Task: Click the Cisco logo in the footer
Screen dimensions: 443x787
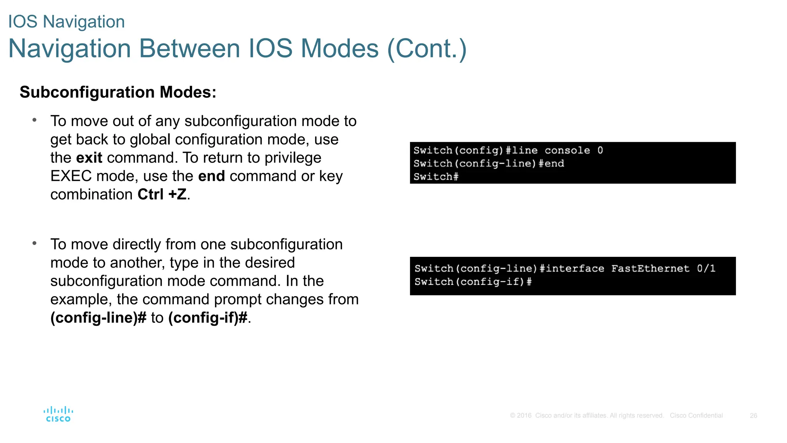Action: [x=58, y=414]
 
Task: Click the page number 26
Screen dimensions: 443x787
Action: [x=753, y=416]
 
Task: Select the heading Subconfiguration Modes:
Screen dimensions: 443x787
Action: [x=118, y=92]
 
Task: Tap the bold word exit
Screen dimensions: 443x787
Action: [x=89, y=158]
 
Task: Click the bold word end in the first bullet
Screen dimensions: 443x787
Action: [x=211, y=176]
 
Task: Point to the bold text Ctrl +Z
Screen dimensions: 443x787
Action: [x=162, y=195]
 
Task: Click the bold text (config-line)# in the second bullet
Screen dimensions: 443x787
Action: [x=98, y=318]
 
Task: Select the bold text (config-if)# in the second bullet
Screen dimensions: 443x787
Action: [x=208, y=318]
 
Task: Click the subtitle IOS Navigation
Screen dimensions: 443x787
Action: [x=66, y=22]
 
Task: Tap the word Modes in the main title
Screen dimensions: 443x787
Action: [x=340, y=49]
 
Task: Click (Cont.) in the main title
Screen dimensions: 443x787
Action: [x=427, y=49]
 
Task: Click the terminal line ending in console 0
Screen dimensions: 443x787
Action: [x=508, y=150]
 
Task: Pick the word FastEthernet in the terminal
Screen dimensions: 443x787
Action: [x=650, y=268]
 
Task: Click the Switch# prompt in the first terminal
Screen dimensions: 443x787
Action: [x=436, y=177]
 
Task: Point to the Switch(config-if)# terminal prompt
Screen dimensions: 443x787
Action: [x=473, y=282]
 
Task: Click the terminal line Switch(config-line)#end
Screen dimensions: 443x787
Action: [x=489, y=163]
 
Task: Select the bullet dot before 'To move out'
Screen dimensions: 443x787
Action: [x=35, y=120]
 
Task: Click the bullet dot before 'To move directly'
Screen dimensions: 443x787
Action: [x=35, y=243]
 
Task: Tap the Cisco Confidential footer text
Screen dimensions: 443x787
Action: [x=696, y=416]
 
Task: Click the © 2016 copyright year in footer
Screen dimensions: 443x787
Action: [x=521, y=416]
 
